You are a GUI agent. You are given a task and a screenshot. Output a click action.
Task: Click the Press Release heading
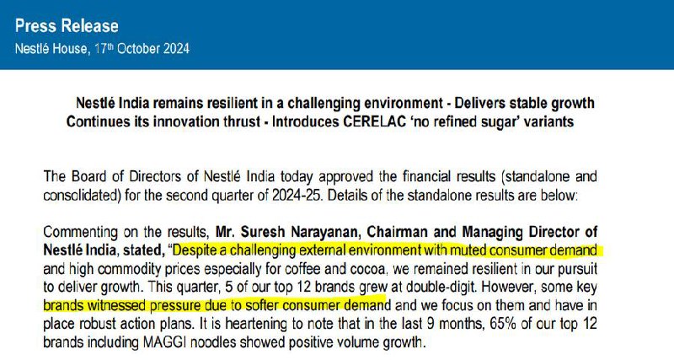click(67, 26)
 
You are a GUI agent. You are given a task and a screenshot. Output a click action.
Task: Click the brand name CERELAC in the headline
click(374, 121)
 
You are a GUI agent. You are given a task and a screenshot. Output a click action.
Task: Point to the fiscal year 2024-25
click(297, 195)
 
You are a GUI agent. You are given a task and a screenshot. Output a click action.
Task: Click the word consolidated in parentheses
click(80, 195)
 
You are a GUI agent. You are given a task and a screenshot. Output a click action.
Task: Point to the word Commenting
click(80, 232)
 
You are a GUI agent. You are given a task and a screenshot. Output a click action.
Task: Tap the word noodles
click(214, 342)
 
